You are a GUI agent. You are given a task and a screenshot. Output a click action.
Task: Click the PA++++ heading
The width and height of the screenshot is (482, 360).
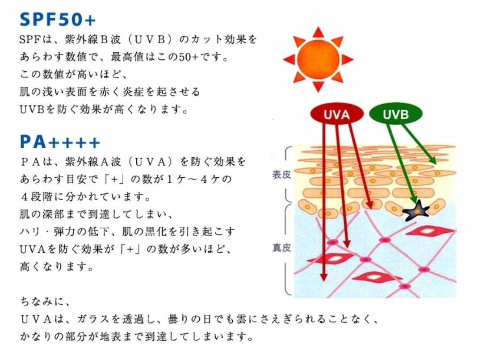60,142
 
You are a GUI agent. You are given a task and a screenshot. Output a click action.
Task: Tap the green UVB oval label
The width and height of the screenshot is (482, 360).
395,114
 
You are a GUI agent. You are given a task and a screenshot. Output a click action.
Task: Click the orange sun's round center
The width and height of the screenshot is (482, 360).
318,59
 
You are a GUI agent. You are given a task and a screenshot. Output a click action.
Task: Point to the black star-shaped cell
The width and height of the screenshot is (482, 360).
416,210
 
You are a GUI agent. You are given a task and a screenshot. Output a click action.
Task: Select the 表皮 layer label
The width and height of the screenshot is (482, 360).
281,175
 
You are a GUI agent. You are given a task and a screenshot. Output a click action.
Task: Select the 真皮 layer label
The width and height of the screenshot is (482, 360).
281,247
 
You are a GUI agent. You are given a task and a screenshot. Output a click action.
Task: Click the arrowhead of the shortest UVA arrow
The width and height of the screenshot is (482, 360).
369,205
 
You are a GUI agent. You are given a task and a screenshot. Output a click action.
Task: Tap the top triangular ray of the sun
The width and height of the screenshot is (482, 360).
318,32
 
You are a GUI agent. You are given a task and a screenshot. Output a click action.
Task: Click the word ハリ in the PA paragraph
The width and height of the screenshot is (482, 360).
30,232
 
